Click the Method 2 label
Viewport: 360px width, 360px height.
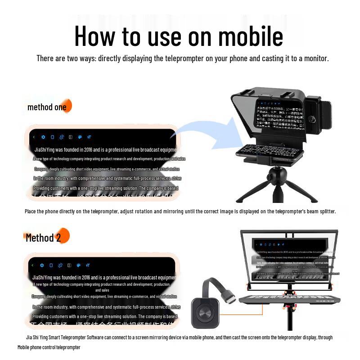click(43, 238)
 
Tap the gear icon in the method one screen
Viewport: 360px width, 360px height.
click(43, 137)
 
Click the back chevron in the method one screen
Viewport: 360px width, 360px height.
click(34, 137)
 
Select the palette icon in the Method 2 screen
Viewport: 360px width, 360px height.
click(79, 265)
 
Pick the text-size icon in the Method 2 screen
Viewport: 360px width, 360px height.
click(89, 265)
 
